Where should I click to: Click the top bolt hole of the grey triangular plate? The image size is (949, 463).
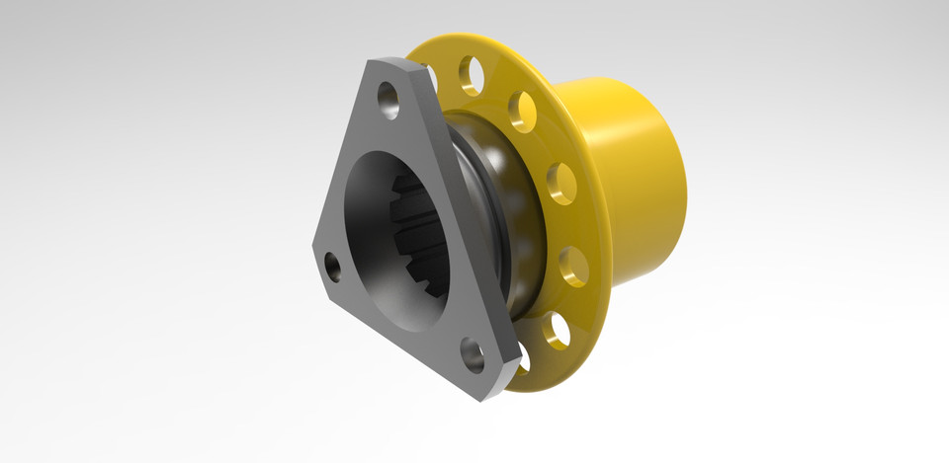pos(388,100)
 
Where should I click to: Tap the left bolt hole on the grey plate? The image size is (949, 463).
pos(333,267)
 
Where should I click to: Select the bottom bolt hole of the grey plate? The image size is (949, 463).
pos(474,354)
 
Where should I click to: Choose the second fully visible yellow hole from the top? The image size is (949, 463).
pos(522,111)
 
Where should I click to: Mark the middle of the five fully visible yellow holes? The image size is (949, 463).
pos(561,183)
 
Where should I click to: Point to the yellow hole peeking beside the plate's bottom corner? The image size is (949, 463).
pos(523,362)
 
